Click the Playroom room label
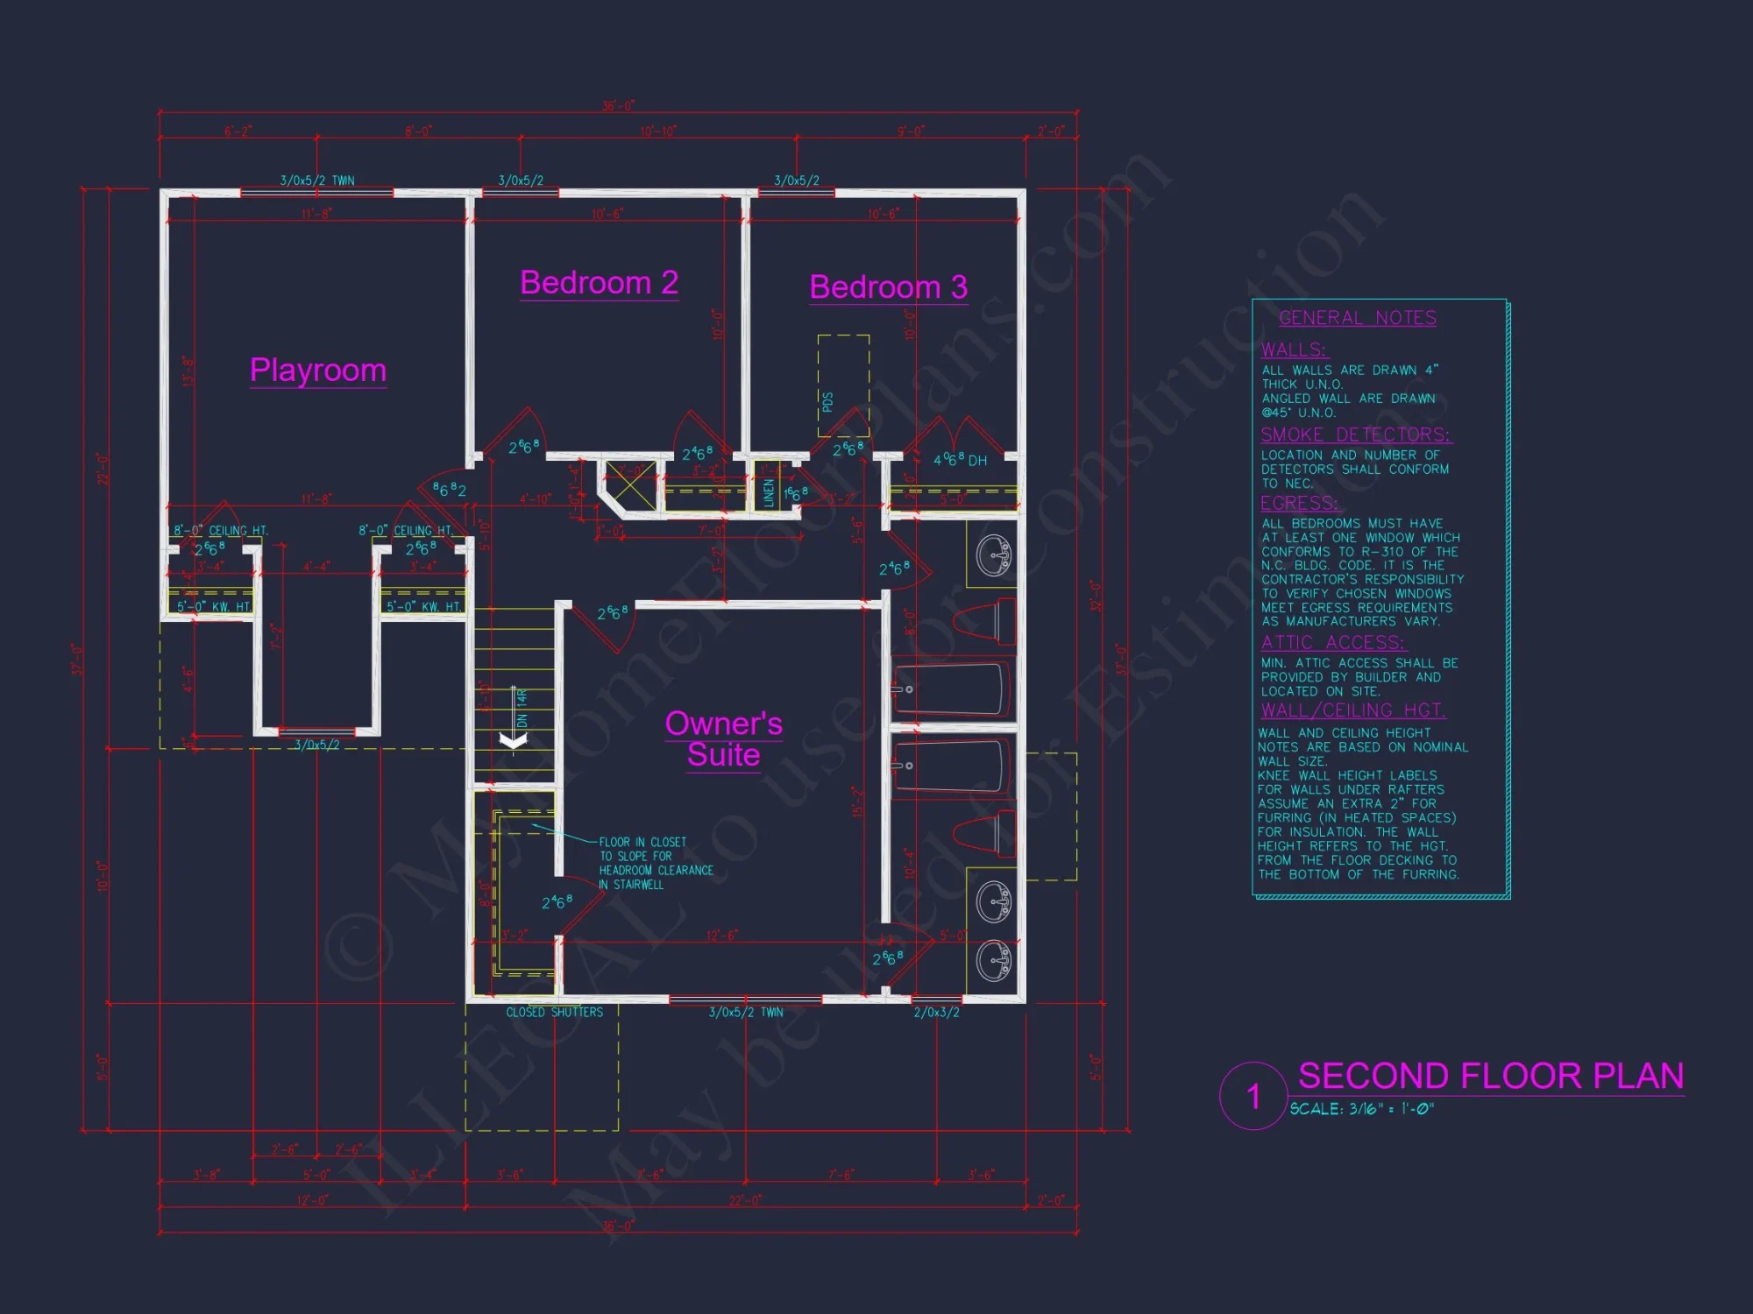317,371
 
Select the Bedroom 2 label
599,283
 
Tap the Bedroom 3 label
888,287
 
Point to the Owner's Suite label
723,738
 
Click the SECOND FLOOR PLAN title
1490,1076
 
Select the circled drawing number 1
1253,1096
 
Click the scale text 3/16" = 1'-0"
1361,1109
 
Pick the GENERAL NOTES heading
1357,318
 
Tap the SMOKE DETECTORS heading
1355,434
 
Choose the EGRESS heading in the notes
1299,503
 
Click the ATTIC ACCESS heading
1332,642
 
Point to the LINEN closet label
769,492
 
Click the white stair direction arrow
513,740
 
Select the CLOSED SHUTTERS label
554,1013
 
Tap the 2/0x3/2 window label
936,1013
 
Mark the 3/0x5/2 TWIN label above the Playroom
317,180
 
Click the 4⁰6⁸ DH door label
960,460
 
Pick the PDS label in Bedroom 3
827,402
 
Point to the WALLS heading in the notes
1294,350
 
